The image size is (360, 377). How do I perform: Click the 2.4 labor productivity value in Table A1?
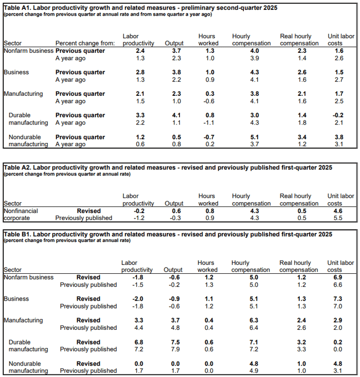(x=140, y=51)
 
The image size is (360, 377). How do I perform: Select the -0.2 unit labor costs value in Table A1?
(x=337, y=115)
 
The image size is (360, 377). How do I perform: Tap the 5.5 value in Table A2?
(x=338, y=218)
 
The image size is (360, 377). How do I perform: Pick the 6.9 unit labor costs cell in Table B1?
(x=337, y=277)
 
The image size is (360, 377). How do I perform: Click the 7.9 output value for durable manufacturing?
(x=175, y=349)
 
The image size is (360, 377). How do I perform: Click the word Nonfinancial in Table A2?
(x=21, y=211)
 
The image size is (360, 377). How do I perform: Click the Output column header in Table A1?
(x=174, y=43)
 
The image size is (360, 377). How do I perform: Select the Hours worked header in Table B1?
(x=207, y=266)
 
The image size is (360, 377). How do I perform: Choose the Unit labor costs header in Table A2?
(x=341, y=199)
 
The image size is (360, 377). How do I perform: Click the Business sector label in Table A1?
(x=16, y=72)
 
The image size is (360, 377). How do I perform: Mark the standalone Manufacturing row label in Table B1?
(x=24, y=320)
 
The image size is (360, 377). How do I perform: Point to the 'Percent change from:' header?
(x=85, y=43)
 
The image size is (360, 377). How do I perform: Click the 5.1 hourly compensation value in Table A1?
(x=254, y=137)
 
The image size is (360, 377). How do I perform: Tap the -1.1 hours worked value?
(x=209, y=123)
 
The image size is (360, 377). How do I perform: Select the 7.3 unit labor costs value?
(x=337, y=298)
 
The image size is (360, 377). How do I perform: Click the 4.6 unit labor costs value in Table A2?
(x=338, y=211)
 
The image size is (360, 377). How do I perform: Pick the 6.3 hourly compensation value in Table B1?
(x=254, y=320)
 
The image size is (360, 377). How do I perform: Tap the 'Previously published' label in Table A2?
(x=84, y=218)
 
